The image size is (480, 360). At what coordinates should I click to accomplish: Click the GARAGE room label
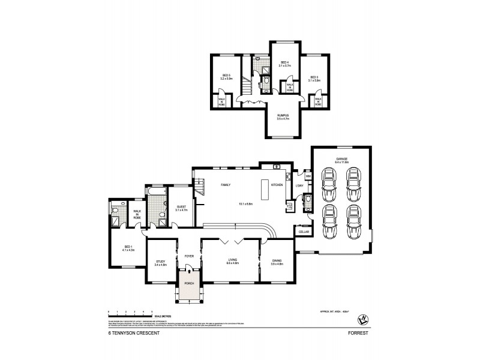[x=342, y=159]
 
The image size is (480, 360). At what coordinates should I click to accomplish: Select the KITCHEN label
[x=277, y=185]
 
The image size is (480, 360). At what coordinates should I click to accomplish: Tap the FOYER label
[x=190, y=255]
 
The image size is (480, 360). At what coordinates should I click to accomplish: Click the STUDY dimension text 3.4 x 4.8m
[x=160, y=265]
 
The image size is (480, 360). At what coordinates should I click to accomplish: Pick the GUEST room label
[x=181, y=206]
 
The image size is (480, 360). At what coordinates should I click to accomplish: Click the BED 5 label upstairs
[x=226, y=75]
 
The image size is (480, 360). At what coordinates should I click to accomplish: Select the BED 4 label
[x=284, y=62]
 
